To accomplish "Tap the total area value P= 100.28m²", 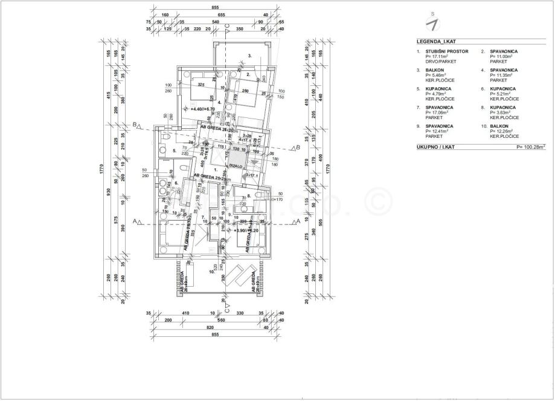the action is (530, 147).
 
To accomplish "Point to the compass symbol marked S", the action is (432, 22).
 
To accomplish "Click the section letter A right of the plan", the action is (297, 222).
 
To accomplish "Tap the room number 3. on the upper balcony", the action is (249, 56).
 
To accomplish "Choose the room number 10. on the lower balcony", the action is (211, 272).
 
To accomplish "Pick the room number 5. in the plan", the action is (174, 151).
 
